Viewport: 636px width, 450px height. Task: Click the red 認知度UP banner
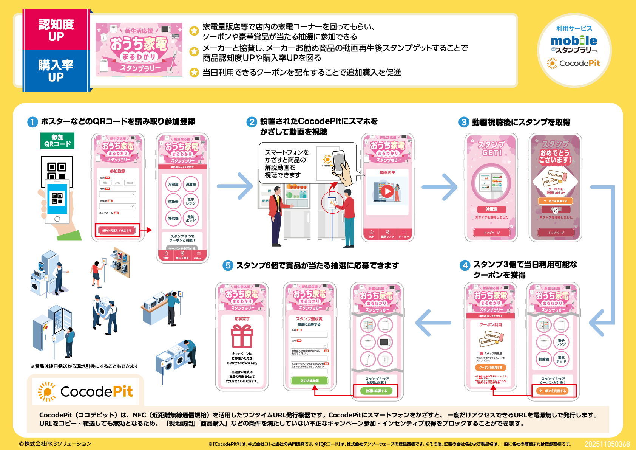pos(56,30)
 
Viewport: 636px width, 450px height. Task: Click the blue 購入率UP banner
pos(56,71)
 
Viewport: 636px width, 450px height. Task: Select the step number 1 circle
pos(32,122)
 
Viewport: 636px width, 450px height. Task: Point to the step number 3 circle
pos(464,122)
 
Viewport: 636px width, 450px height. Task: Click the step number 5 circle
pos(228,266)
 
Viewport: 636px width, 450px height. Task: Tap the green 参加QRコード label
pos(57,141)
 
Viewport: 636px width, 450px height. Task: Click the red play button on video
pos(387,191)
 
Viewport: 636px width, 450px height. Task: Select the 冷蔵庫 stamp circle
pos(173,184)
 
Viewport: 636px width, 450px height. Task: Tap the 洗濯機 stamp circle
pos(191,184)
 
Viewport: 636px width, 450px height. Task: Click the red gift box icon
pos(242,336)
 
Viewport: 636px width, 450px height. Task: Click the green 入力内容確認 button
pos(309,381)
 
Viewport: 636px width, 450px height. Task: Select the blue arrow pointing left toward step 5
pos(433,323)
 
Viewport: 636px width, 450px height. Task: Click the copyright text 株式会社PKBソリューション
pos(56,444)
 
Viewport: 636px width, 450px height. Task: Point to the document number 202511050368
pos(607,444)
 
